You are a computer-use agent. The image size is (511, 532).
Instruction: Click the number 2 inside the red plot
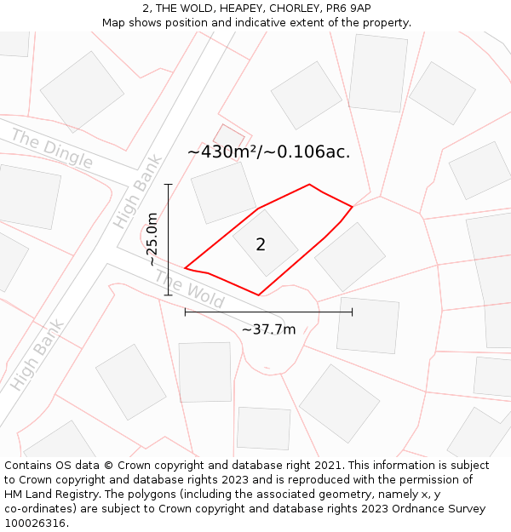(x=261, y=245)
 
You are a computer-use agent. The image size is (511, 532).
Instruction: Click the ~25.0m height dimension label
(x=152, y=239)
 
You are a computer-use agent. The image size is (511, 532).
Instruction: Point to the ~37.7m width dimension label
(x=268, y=329)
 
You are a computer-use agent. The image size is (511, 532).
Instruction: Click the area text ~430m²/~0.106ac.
(x=268, y=152)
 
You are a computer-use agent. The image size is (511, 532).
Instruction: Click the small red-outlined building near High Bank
(x=228, y=136)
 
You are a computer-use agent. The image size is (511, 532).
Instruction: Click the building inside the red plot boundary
(x=266, y=243)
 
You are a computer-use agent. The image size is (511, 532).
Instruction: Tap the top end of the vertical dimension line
(x=169, y=184)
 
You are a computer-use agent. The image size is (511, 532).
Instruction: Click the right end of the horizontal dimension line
(x=352, y=312)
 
